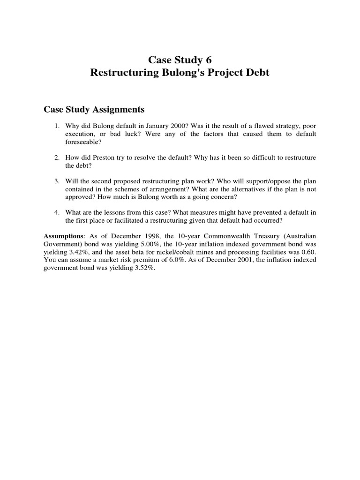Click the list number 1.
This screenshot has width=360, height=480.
click(x=56, y=127)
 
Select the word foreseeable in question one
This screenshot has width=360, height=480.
click(x=82, y=142)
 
